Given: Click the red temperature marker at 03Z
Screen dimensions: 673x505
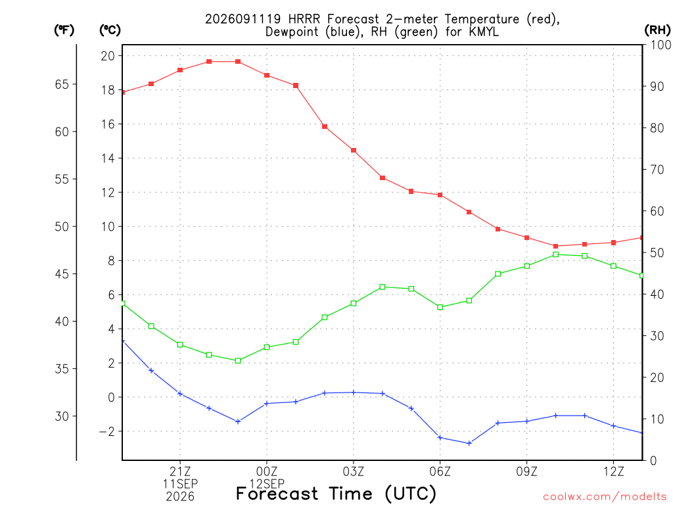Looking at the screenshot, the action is coord(354,151).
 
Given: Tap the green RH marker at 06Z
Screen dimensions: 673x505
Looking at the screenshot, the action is coord(440,307).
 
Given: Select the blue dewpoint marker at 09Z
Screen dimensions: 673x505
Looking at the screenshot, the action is coord(526,421).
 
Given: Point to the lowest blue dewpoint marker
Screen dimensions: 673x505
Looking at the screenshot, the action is coord(469,443).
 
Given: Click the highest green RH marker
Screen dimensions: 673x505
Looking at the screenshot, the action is coord(556,254).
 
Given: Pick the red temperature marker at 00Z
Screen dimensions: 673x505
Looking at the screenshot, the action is coord(267,75).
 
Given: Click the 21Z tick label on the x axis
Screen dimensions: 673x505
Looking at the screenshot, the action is coord(180,471).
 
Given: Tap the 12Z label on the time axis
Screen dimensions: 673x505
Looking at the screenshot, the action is coord(613,471).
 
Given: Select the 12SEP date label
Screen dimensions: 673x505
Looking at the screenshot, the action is coord(267,483).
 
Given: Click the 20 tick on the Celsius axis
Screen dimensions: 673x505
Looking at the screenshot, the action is coord(108,56).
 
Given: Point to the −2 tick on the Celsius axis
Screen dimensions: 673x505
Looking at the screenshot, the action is coord(107,431).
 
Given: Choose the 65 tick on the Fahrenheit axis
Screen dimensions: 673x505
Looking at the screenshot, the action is coord(62,84).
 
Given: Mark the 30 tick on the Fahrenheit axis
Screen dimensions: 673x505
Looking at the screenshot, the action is coord(62,416).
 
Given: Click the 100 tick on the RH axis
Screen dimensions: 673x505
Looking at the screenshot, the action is coord(661,45).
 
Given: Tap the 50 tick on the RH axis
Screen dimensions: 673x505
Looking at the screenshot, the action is coord(657,252).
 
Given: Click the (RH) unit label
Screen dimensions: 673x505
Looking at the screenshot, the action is coord(657,30).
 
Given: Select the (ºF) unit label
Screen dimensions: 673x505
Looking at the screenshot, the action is coord(64,30).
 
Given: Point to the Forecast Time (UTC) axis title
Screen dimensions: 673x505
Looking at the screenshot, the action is coord(336,493).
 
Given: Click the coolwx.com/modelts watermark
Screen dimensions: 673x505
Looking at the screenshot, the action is coord(605,497).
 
